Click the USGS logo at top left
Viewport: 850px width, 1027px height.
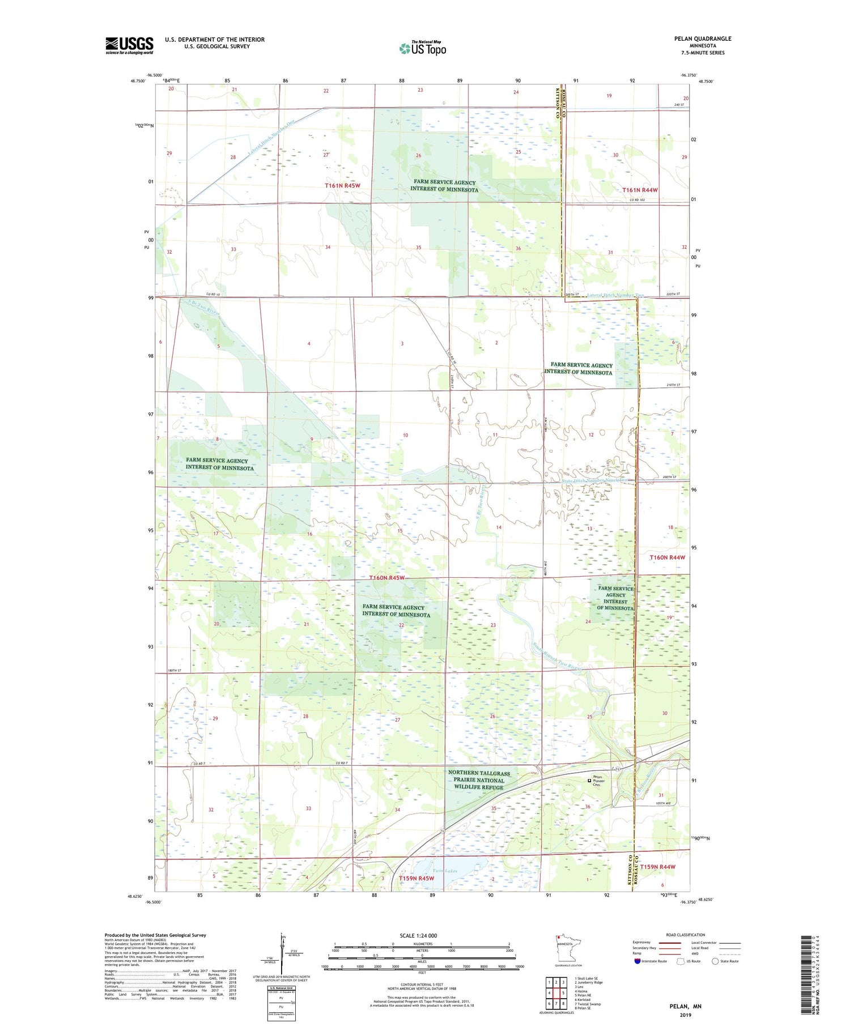click(x=129, y=45)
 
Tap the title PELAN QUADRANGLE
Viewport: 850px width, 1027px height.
click(x=702, y=39)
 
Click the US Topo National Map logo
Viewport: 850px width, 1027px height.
click(x=422, y=48)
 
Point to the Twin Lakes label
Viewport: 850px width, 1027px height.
click(x=444, y=871)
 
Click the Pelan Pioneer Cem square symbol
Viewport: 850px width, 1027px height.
click(x=589, y=781)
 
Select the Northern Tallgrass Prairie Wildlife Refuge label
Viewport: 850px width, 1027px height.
click(x=479, y=780)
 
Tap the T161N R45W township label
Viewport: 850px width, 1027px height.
click(x=342, y=186)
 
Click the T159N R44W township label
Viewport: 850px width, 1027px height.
click(x=657, y=867)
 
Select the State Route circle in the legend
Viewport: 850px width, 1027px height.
click(x=715, y=961)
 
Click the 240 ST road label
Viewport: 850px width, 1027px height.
click(x=679, y=105)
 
